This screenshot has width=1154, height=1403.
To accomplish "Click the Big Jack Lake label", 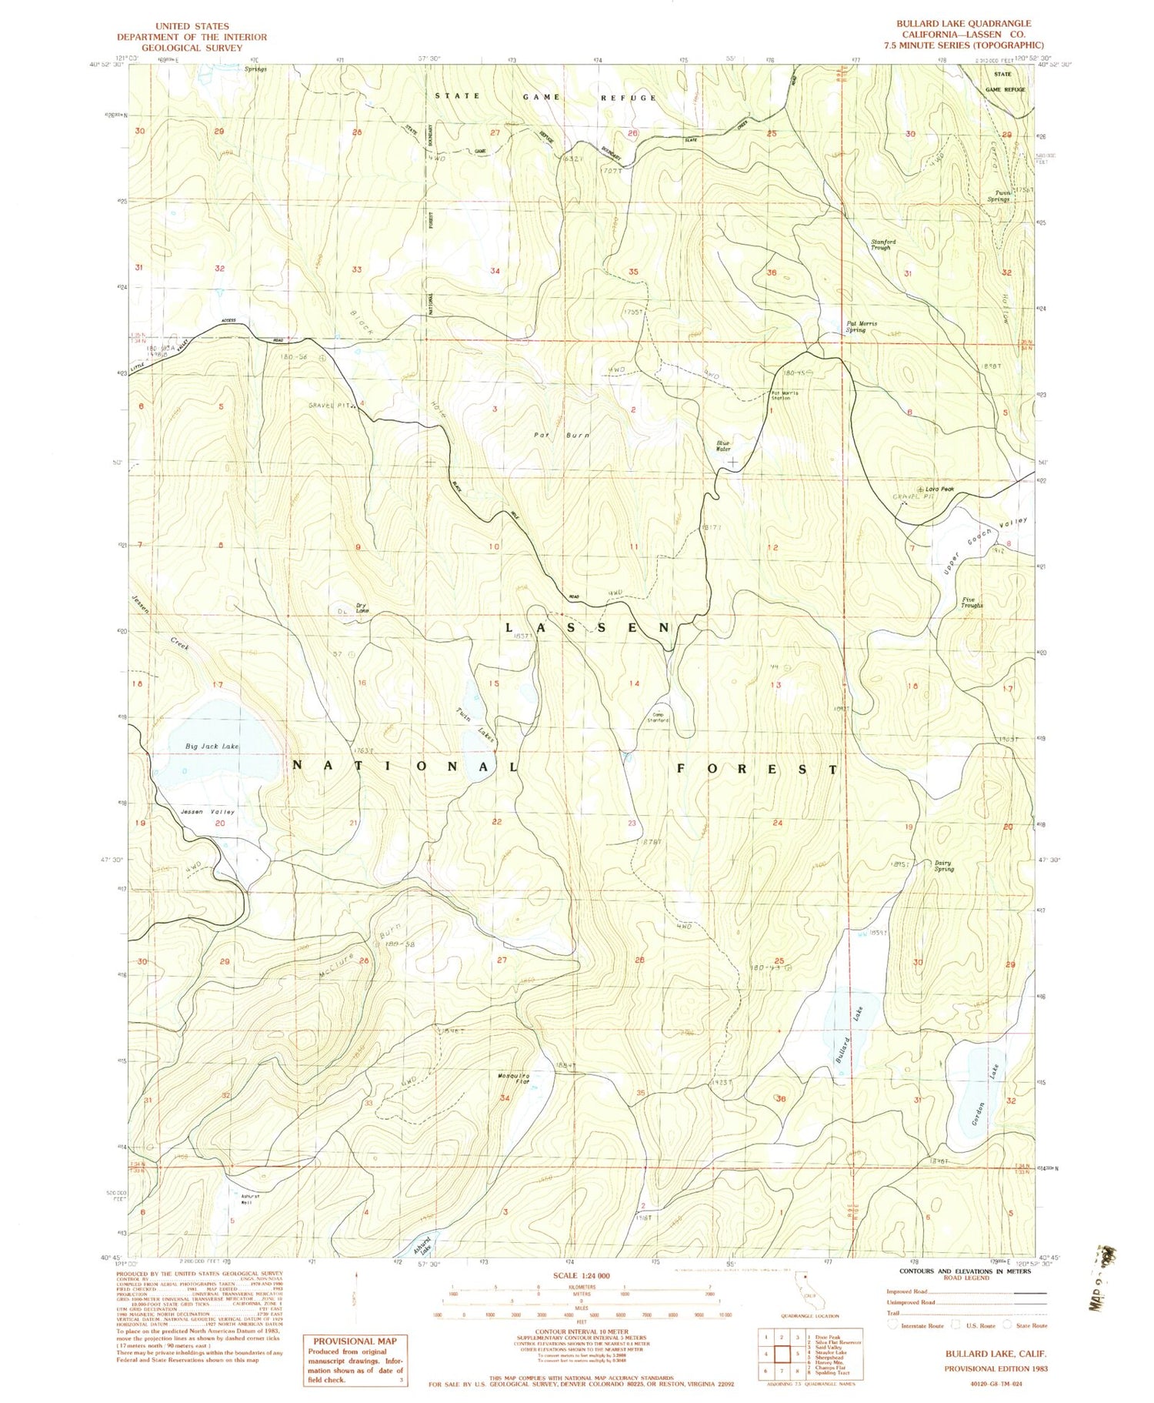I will pyautogui.click(x=212, y=747).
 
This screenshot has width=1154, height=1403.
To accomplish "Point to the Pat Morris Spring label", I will pyautogui.click(x=861, y=326).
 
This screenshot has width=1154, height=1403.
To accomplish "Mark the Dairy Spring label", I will pyautogui.click(x=943, y=865).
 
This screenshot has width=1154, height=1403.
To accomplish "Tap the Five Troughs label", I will pyautogui.click(x=972, y=602).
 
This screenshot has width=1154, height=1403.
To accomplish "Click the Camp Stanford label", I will pyautogui.click(x=660, y=717).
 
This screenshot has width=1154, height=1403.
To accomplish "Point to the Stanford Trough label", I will pyautogui.click(x=882, y=245).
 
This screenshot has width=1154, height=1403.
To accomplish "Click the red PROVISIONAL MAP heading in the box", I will pyautogui.click(x=355, y=1341).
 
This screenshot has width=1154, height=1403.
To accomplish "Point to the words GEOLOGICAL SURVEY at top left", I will pyautogui.click(x=192, y=47).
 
